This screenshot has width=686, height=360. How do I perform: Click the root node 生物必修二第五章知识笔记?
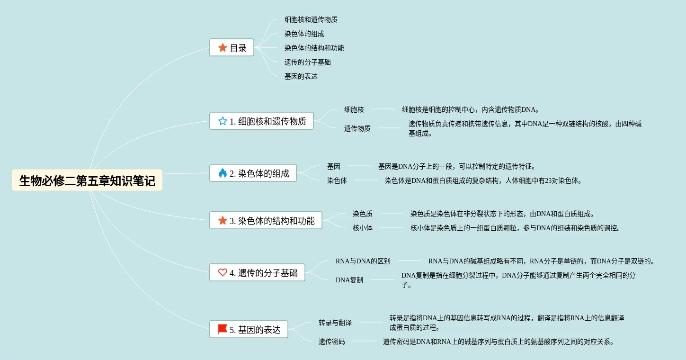pyautogui.click(x=87, y=180)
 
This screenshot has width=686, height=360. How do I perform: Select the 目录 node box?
pyautogui.click(x=232, y=48)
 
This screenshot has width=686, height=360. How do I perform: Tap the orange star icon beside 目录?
pyautogui.click(x=223, y=48)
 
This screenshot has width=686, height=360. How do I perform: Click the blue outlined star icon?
pyautogui.click(x=223, y=121)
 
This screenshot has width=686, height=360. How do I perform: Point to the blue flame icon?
pyautogui.click(x=223, y=173)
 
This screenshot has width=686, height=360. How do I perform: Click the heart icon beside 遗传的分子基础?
pyautogui.click(x=223, y=273)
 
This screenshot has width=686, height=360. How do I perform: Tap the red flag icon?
pyautogui.click(x=223, y=329)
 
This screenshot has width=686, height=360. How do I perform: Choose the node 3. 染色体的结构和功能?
pyautogui.click(x=266, y=221)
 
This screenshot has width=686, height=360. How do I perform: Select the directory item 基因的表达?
pyautogui.click(x=301, y=76)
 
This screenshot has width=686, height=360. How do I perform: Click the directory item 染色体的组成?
pyautogui.click(x=304, y=34)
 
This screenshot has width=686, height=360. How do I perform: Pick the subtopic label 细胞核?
pyautogui.click(x=354, y=109)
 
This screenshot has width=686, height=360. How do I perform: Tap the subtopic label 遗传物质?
pyautogui.click(x=357, y=128)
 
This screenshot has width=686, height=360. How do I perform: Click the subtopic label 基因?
pyautogui.click(x=334, y=166)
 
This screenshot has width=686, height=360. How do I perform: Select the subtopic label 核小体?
pyautogui.click(x=363, y=228)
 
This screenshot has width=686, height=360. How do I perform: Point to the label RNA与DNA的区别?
pyautogui.click(x=363, y=261)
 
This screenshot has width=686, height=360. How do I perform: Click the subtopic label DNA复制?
pyautogui.click(x=349, y=280)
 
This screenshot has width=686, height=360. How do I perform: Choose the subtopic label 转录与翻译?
pyautogui.click(x=335, y=323)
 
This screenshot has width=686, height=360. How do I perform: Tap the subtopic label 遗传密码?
pyautogui.click(x=332, y=342)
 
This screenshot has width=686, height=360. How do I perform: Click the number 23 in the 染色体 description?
pyautogui.click(x=548, y=181)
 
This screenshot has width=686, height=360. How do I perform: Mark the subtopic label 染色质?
pyautogui.click(x=363, y=214)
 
